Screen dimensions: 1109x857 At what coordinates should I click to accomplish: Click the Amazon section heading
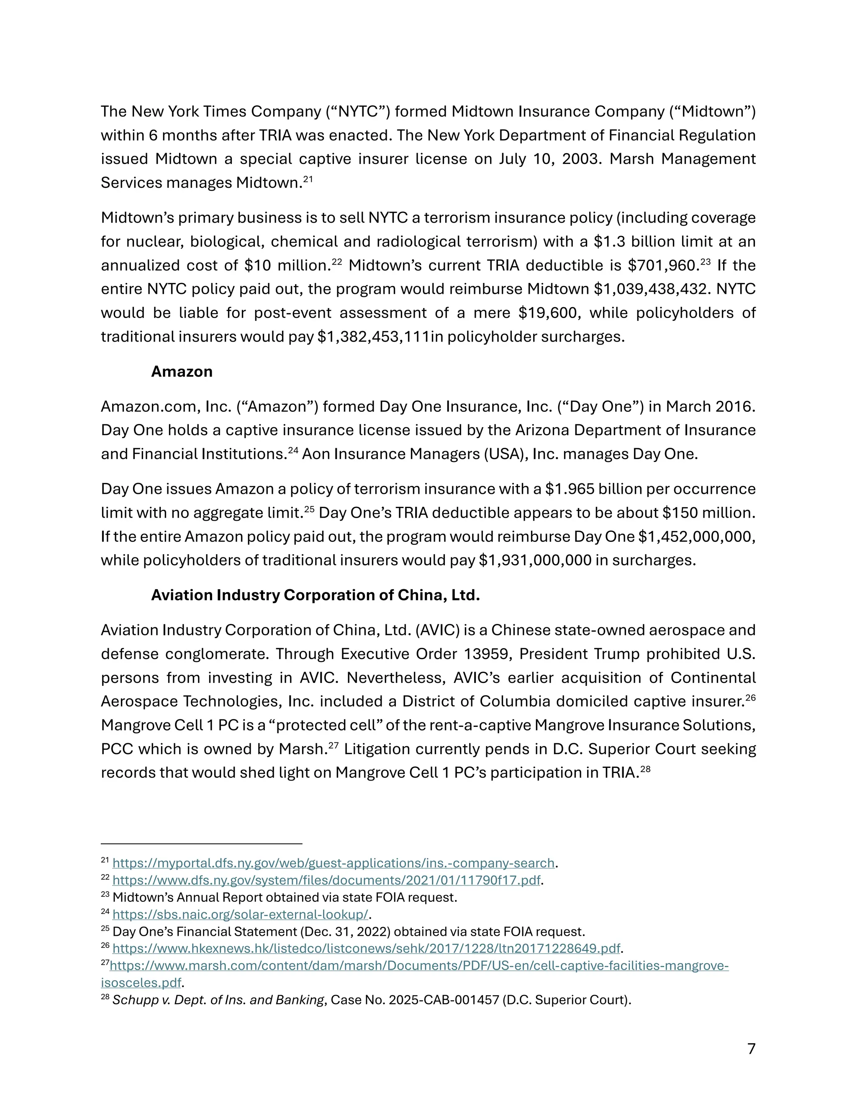click(x=182, y=372)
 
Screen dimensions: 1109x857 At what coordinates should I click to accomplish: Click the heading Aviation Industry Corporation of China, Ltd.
click(x=315, y=595)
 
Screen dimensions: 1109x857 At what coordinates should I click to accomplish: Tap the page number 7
click(x=752, y=1049)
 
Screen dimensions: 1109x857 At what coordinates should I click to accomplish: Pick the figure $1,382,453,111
click(x=374, y=336)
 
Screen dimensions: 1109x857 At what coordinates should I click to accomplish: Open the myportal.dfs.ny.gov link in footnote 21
click(x=333, y=863)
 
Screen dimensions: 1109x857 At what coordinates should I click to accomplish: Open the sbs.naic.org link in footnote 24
click(x=240, y=914)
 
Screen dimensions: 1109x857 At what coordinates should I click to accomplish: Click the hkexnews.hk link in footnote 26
click(x=366, y=949)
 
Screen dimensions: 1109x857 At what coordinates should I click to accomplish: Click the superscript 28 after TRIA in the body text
click(x=645, y=769)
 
